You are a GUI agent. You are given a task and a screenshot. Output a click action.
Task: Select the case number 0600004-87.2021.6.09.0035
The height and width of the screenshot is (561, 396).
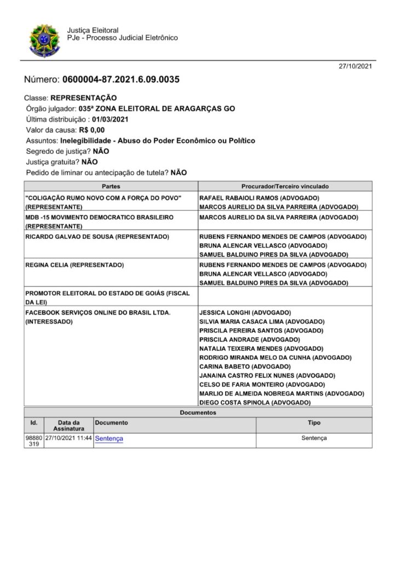tap(121, 79)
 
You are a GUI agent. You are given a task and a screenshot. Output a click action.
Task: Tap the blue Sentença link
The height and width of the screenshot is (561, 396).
tap(108, 438)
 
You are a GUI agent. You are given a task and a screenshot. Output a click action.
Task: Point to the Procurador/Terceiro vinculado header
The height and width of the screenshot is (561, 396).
tap(285, 187)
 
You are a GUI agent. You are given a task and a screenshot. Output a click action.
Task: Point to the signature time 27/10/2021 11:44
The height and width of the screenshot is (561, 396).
tap(68, 438)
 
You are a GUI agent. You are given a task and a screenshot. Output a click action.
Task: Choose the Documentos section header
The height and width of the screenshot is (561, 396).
tap(197, 411)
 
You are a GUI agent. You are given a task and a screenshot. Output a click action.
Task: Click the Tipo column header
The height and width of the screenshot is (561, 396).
tap(314, 423)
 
